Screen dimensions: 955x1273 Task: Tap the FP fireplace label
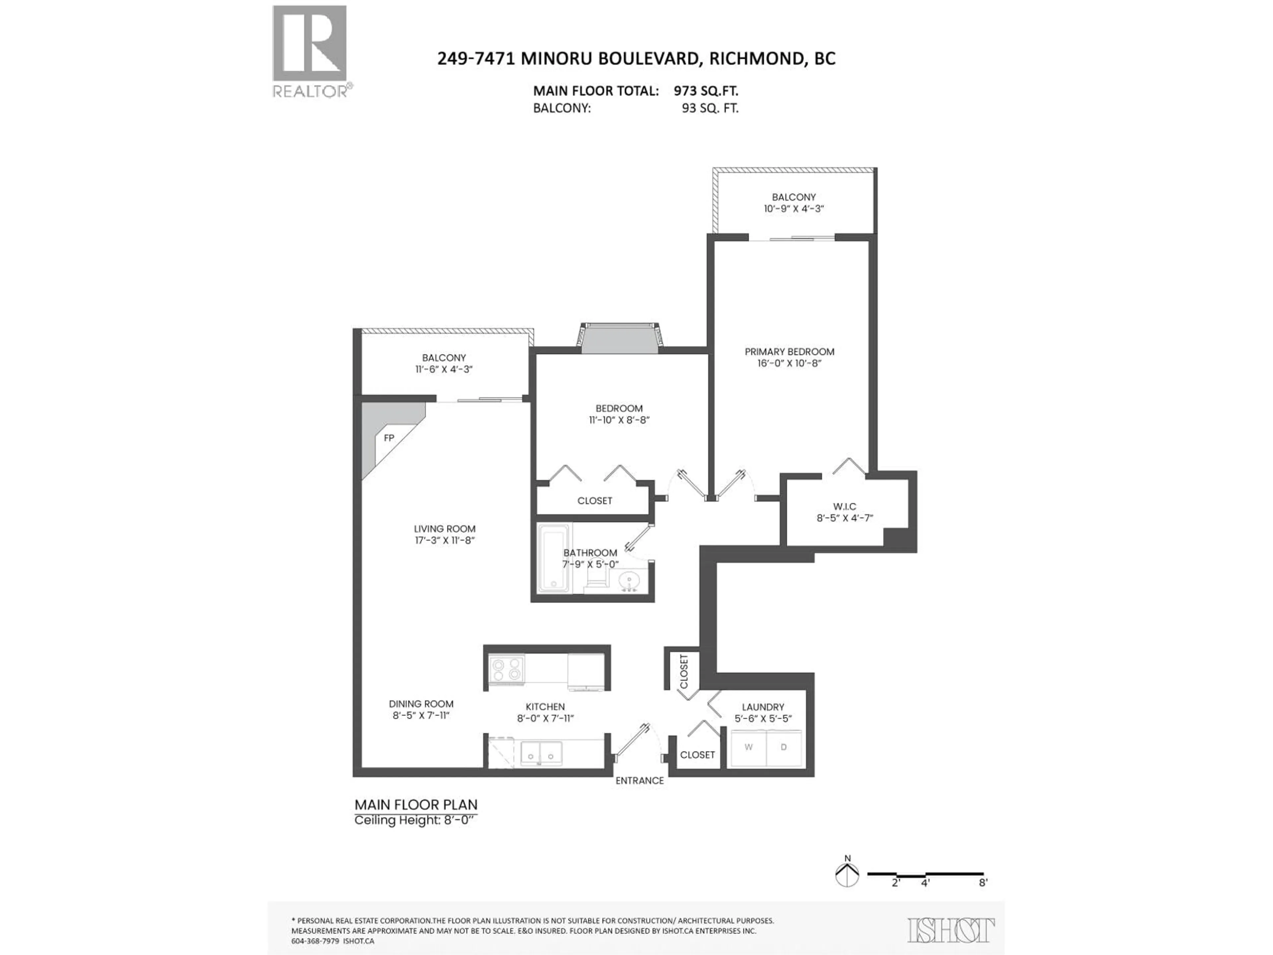point(389,438)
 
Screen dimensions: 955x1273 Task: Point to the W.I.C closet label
point(844,507)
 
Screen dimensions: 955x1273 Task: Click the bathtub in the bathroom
point(553,558)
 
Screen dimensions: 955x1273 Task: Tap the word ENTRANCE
point(639,781)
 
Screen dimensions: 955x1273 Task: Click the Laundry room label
point(762,707)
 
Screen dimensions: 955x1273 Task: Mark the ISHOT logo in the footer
point(951,931)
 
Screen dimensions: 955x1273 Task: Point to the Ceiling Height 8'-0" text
point(415,820)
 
